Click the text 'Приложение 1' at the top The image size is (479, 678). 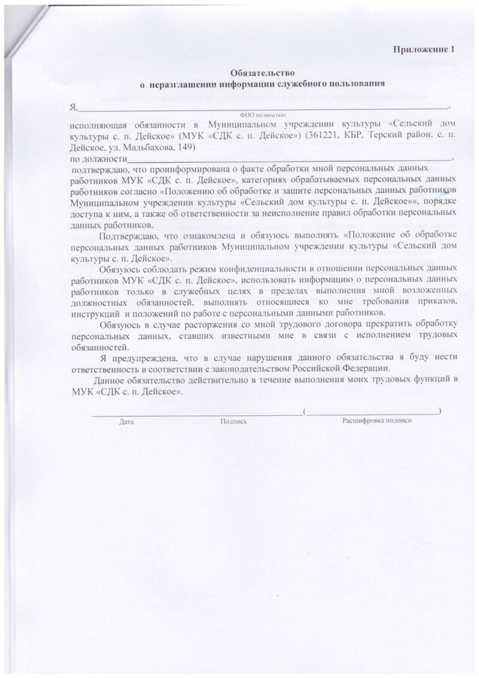[x=425, y=50]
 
